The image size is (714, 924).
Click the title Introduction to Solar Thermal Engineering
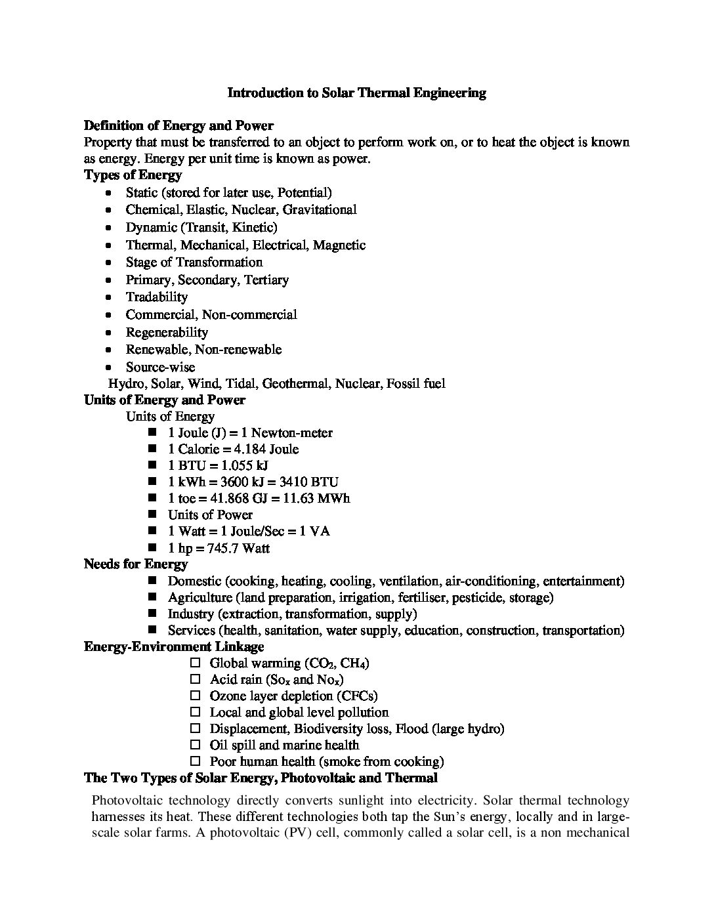point(356,93)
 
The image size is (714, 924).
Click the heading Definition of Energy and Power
point(178,125)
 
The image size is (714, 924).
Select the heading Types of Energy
point(133,175)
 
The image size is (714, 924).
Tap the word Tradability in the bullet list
point(157,297)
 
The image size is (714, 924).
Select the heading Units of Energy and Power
point(164,400)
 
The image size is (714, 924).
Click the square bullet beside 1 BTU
point(153,465)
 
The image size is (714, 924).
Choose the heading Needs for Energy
point(136,564)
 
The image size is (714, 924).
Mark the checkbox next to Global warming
point(194,663)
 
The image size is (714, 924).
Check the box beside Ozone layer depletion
point(194,696)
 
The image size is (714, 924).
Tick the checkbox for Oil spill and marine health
point(194,745)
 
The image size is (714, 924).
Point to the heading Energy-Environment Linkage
point(174,646)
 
